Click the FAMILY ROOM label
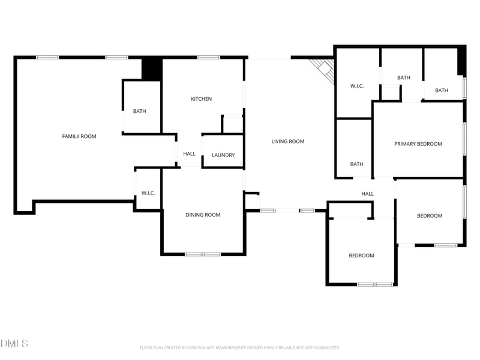click(79, 136)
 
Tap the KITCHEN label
click(201, 99)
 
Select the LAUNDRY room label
click(223, 155)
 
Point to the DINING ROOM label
click(203, 215)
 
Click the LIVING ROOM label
click(288, 142)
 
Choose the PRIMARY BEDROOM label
click(418, 144)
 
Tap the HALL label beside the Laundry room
click(190, 154)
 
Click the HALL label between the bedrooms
click(368, 194)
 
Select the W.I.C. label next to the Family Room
click(148, 193)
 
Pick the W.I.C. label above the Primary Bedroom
click(357, 86)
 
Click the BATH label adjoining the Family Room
click(140, 111)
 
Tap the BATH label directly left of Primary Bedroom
click(357, 164)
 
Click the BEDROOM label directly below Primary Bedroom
click(430, 216)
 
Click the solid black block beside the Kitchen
click(151, 69)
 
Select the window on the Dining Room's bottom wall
click(203, 254)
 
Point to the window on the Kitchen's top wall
click(208, 58)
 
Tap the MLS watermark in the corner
click(14, 344)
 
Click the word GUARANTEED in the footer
click(325, 347)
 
